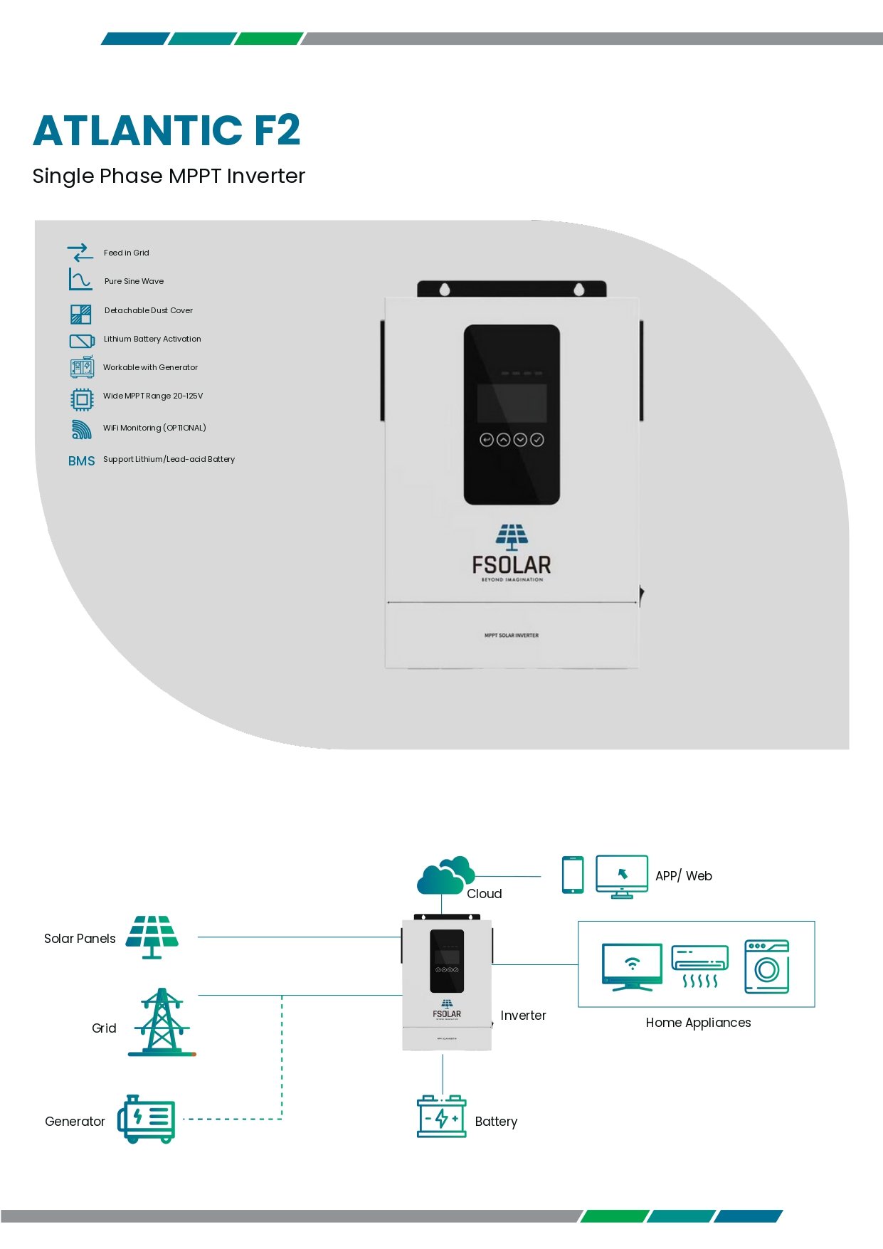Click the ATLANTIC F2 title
point(166,130)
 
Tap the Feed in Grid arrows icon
point(80,253)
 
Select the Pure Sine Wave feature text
point(134,281)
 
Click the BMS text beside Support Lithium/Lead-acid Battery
point(81,461)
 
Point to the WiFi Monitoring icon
point(81,429)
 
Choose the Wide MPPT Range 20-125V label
point(153,396)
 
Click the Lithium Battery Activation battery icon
point(82,341)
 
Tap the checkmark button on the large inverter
point(537,440)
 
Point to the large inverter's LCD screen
point(512,403)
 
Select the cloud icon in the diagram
point(445,875)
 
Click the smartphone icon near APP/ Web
point(573,875)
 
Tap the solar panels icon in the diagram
point(152,937)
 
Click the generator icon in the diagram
point(147,1119)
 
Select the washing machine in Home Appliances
point(766,966)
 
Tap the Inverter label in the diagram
point(523,1016)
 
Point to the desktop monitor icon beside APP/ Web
point(621,876)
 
